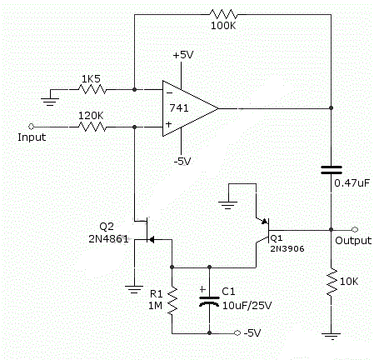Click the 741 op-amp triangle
point(187,107)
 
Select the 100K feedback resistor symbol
point(225,14)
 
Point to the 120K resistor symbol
point(92,127)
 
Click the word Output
point(352,241)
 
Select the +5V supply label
point(183,56)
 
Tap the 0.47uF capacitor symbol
point(332,170)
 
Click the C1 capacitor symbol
point(207,301)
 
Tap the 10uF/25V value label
point(244,306)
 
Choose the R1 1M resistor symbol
point(172,300)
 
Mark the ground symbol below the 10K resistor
point(332,337)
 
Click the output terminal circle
point(356,228)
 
